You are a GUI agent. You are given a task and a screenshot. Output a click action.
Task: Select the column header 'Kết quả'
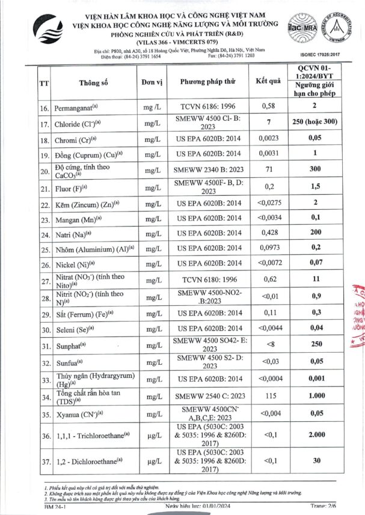(268, 81)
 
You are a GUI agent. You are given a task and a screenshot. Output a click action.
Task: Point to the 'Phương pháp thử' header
(206, 82)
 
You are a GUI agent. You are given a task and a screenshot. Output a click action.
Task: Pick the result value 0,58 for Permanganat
(268, 106)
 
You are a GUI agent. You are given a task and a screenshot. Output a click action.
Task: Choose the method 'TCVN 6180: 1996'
(206, 279)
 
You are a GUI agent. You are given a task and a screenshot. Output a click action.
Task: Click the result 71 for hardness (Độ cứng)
(268, 170)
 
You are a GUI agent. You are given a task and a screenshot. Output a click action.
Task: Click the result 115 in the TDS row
(268, 397)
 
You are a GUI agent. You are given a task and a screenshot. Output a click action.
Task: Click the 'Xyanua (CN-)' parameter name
(78, 414)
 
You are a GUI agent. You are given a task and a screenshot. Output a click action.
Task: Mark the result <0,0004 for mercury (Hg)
(268, 378)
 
